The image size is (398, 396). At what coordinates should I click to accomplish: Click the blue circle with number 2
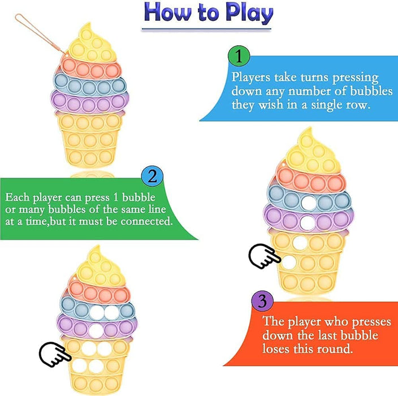click(151, 177)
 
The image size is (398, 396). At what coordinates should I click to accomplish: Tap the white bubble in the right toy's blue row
click(308, 203)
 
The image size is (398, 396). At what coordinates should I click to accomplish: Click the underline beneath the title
click(207, 28)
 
